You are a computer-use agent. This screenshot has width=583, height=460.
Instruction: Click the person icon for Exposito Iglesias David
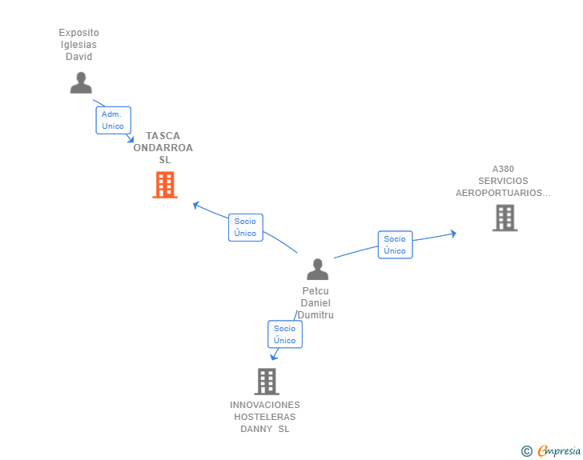(x=81, y=82)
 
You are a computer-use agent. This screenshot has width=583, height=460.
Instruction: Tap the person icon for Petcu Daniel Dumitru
(x=318, y=270)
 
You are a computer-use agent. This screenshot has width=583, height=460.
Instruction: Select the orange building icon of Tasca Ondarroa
(x=165, y=185)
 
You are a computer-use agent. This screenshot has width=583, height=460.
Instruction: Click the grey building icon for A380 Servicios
(x=505, y=218)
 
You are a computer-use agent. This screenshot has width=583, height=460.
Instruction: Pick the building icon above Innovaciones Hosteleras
(x=267, y=382)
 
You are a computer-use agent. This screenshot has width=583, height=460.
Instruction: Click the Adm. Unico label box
(x=113, y=120)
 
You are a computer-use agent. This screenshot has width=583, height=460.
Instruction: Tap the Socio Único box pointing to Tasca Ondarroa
(x=245, y=227)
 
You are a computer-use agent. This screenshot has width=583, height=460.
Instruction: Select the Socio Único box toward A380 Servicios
(x=395, y=245)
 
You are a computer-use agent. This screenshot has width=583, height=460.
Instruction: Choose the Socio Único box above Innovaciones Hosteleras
(x=284, y=334)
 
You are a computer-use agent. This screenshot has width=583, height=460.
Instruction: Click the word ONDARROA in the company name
(x=163, y=148)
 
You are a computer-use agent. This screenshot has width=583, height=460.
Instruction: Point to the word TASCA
(x=163, y=136)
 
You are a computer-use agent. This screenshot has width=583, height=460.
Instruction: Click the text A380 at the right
(x=503, y=169)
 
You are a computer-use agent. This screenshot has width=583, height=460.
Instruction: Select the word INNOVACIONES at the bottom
(x=265, y=405)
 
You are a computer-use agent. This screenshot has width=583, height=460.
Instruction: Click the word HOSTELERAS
(x=265, y=417)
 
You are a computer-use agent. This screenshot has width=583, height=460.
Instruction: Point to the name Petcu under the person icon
(x=316, y=291)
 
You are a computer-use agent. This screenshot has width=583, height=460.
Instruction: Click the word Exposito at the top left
(x=79, y=33)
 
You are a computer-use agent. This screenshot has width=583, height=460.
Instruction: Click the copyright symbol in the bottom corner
(x=526, y=451)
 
